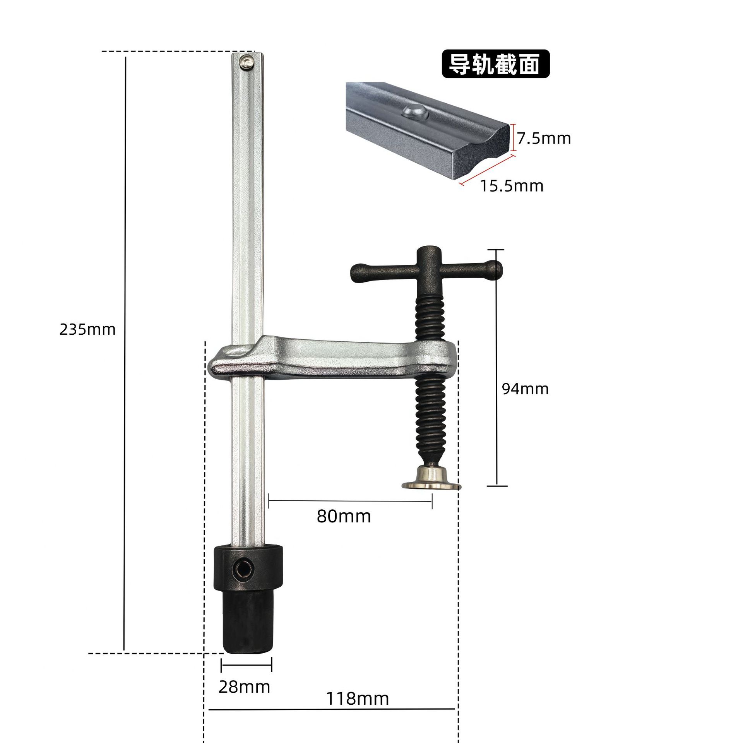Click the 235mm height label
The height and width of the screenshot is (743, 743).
(87, 329)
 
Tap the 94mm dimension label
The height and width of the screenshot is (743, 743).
(525, 389)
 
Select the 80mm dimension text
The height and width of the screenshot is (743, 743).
(344, 516)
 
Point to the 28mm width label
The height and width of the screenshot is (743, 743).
(244, 687)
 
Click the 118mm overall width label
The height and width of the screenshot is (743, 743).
(357, 698)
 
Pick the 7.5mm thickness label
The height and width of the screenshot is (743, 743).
(544, 139)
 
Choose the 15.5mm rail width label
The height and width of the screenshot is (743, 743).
(512, 186)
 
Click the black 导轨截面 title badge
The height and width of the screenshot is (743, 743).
(495, 64)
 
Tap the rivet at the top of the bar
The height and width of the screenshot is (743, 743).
(246, 62)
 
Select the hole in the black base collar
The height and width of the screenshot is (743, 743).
(243, 569)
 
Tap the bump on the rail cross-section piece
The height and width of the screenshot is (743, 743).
(414, 112)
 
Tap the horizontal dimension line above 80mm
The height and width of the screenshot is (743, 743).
(350, 501)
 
